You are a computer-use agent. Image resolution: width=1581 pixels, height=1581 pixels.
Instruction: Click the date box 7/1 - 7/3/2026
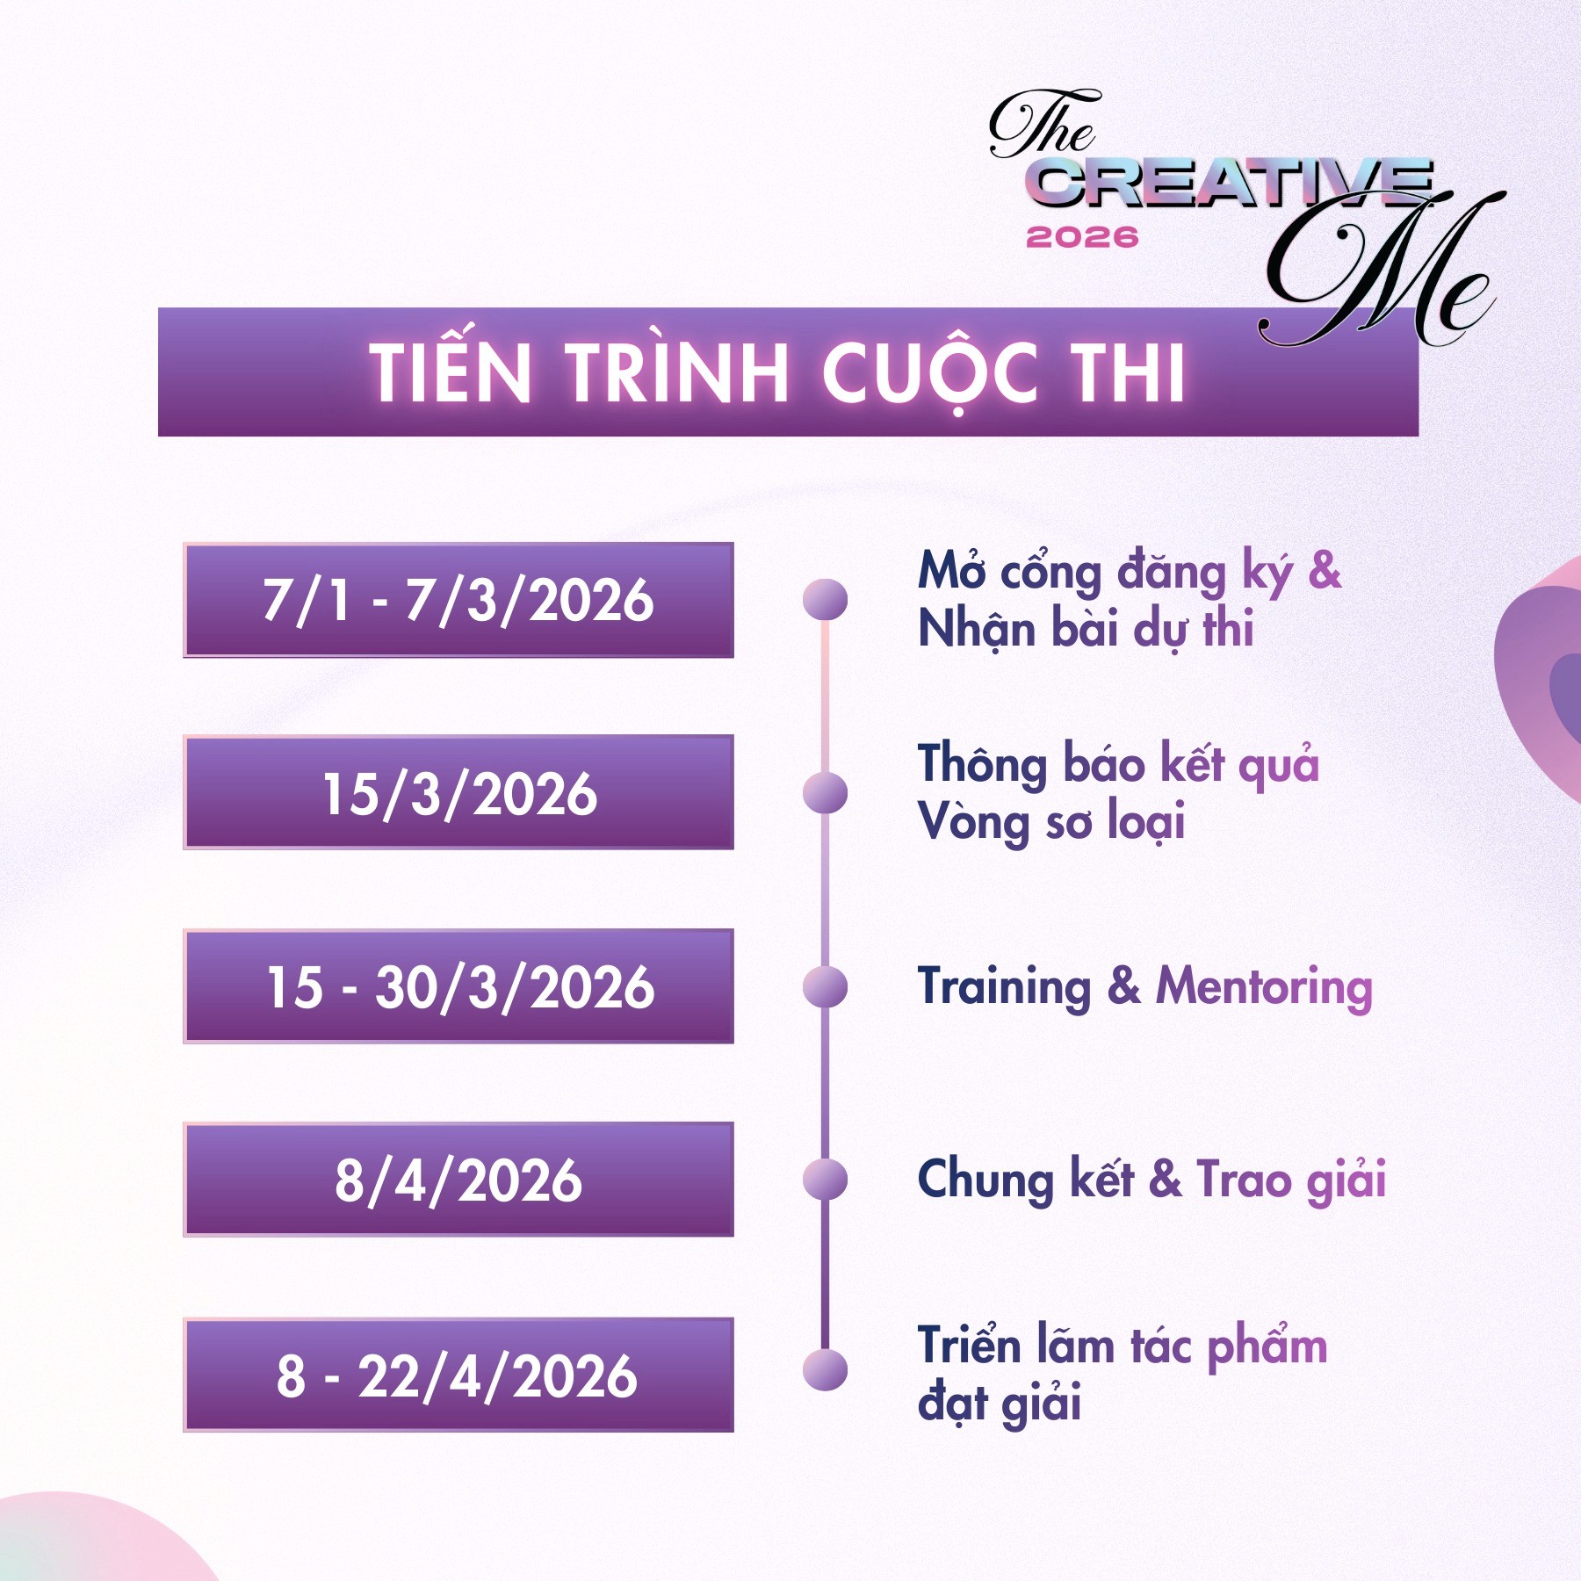pos(458,600)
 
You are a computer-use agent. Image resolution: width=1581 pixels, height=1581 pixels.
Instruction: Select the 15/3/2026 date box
pos(458,792)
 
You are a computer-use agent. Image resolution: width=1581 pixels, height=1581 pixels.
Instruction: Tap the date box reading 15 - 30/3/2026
pos(458,985)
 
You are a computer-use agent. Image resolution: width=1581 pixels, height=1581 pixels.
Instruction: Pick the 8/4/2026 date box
pos(458,1179)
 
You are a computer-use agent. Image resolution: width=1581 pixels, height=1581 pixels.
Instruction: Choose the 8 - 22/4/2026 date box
pos(458,1375)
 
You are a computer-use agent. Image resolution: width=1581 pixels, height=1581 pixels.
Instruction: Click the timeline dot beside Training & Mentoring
pos(825,985)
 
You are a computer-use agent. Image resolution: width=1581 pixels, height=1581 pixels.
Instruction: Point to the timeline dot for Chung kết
pos(825,1179)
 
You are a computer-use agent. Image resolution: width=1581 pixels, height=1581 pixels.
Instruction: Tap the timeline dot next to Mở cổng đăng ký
pos(825,600)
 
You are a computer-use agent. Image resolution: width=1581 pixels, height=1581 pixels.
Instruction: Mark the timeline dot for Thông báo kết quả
pos(825,792)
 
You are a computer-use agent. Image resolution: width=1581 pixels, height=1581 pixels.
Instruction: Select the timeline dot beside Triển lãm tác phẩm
pos(825,1370)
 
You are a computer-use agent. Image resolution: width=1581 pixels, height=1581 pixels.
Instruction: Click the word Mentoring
pos(1263,986)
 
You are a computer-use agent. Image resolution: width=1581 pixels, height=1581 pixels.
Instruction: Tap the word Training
pos(1004,986)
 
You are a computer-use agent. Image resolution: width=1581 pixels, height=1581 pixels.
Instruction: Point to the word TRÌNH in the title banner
pos(676,372)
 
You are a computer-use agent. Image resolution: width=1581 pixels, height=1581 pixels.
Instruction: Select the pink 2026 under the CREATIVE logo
pos(1082,237)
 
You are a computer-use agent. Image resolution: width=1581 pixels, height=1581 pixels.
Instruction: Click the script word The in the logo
pos(1043,125)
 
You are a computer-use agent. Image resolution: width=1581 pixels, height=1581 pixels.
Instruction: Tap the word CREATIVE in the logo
pos(1230,184)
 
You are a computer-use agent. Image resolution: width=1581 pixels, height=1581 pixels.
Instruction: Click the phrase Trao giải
pos(1291,1180)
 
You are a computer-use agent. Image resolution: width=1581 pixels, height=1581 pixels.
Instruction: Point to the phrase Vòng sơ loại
pos(1050,822)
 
